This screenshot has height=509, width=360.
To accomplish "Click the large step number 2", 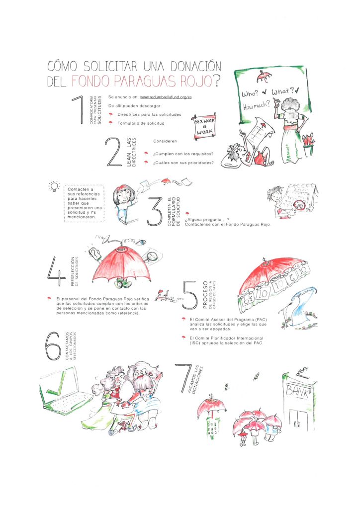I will (114, 152).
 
